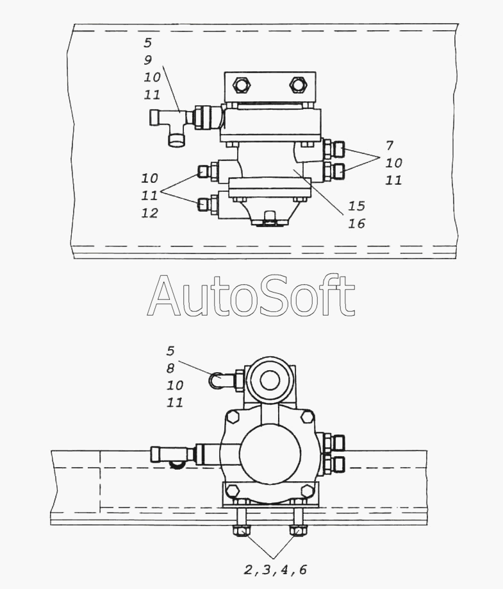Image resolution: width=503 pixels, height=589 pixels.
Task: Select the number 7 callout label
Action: click(x=390, y=145)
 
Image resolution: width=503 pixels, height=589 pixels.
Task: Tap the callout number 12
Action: click(x=149, y=213)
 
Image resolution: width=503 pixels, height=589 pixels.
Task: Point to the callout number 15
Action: click(x=357, y=206)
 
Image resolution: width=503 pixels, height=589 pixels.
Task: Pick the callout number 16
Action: click(x=357, y=223)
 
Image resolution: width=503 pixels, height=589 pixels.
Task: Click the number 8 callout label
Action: click(x=170, y=368)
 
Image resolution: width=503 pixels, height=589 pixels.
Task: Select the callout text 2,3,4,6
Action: click(x=276, y=569)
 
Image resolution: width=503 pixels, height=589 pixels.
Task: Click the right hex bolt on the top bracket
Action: click(x=297, y=85)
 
